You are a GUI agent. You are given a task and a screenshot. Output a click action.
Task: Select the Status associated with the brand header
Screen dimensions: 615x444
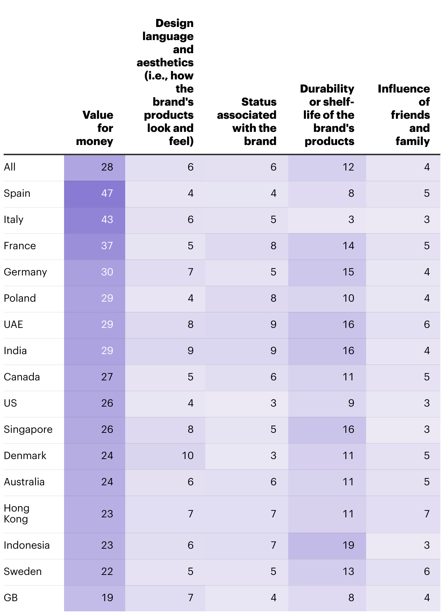[x=247, y=121]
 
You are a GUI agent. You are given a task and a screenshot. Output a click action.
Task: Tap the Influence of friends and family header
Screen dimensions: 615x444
[x=404, y=115]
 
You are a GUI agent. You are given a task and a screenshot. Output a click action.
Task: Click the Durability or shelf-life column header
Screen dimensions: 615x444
[x=327, y=115]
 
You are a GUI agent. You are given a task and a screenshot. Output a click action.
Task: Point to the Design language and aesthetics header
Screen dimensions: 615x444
[x=165, y=82]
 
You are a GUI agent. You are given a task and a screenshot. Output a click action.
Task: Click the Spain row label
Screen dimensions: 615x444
[x=17, y=193]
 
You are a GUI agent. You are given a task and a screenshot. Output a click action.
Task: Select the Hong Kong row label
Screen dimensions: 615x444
[x=16, y=513]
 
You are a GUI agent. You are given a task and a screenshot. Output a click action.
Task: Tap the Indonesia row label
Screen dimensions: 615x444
[x=27, y=545]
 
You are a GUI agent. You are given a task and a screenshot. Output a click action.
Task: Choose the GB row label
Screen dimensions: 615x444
[x=11, y=598]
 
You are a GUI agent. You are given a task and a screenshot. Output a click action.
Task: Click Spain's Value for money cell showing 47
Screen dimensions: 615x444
[x=107, y=193]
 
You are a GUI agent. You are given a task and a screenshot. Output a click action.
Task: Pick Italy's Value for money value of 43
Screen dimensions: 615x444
[x=107, y=219]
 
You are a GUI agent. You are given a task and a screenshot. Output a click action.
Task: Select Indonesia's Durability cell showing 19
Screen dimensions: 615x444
[x=348, y=545]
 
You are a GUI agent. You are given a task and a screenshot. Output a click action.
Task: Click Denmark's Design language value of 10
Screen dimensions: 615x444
[x=187, y=455]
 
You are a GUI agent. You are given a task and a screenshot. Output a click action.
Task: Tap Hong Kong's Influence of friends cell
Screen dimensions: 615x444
[x=427, y=514]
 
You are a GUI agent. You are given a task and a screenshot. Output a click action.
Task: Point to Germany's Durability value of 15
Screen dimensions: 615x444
[x=348, y=272]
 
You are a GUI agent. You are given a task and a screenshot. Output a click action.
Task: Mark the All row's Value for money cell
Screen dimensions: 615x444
[x=107, y=167]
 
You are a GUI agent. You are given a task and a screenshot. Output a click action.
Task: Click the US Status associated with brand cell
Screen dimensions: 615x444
[x=273, y=403]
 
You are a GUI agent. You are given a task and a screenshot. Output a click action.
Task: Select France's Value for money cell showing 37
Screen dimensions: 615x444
[x=107, y=246]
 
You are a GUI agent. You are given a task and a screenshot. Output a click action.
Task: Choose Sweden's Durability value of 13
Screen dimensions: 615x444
[x=348, y=571]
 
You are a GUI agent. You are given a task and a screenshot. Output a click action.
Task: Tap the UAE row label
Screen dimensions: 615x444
[x=13, y=324]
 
